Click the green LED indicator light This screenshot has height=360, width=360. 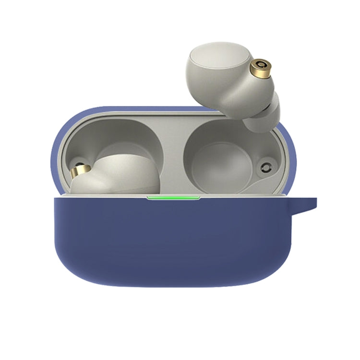pyautogui.click(x=173, y=197)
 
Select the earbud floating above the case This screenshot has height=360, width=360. pyautogui.click(x=230, y=82)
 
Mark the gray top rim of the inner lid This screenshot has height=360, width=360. pyautogui.click(x=144, y=115)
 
